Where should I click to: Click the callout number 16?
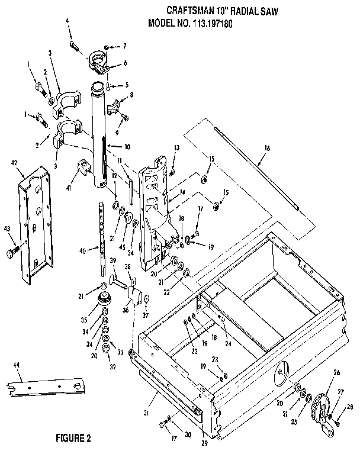pyautogui.click(x=266, y=148)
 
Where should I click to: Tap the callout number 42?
pyautogui.click(x=14, y=163)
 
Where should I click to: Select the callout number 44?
pyautogui.click(x=16, y=365)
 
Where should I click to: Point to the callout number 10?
pyautogui.click(x=127, y=147)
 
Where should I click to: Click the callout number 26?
pyautogui.click(x=336, y=373)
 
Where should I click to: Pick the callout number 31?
pyautogui.click(x=146, y=413)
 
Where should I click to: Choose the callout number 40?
pyautogui.click(x=82, y=251)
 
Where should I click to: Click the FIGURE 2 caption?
pyautogui.click(x=73, y=438)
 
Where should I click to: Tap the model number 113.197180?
pyautogui.click(x=211, y=24)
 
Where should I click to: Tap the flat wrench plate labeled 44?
pyautogui.click(x=46, y=387)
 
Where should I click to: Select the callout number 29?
pyautogui.click(x=204, y=443)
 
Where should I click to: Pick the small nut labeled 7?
pyautogui.click(x=107, y=47)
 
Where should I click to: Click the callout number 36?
pyautogui.click(x=125, y=310)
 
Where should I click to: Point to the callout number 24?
pyautogui.click(x=228, y=344)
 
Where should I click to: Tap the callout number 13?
pyautogui.click(x=176, y=147)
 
